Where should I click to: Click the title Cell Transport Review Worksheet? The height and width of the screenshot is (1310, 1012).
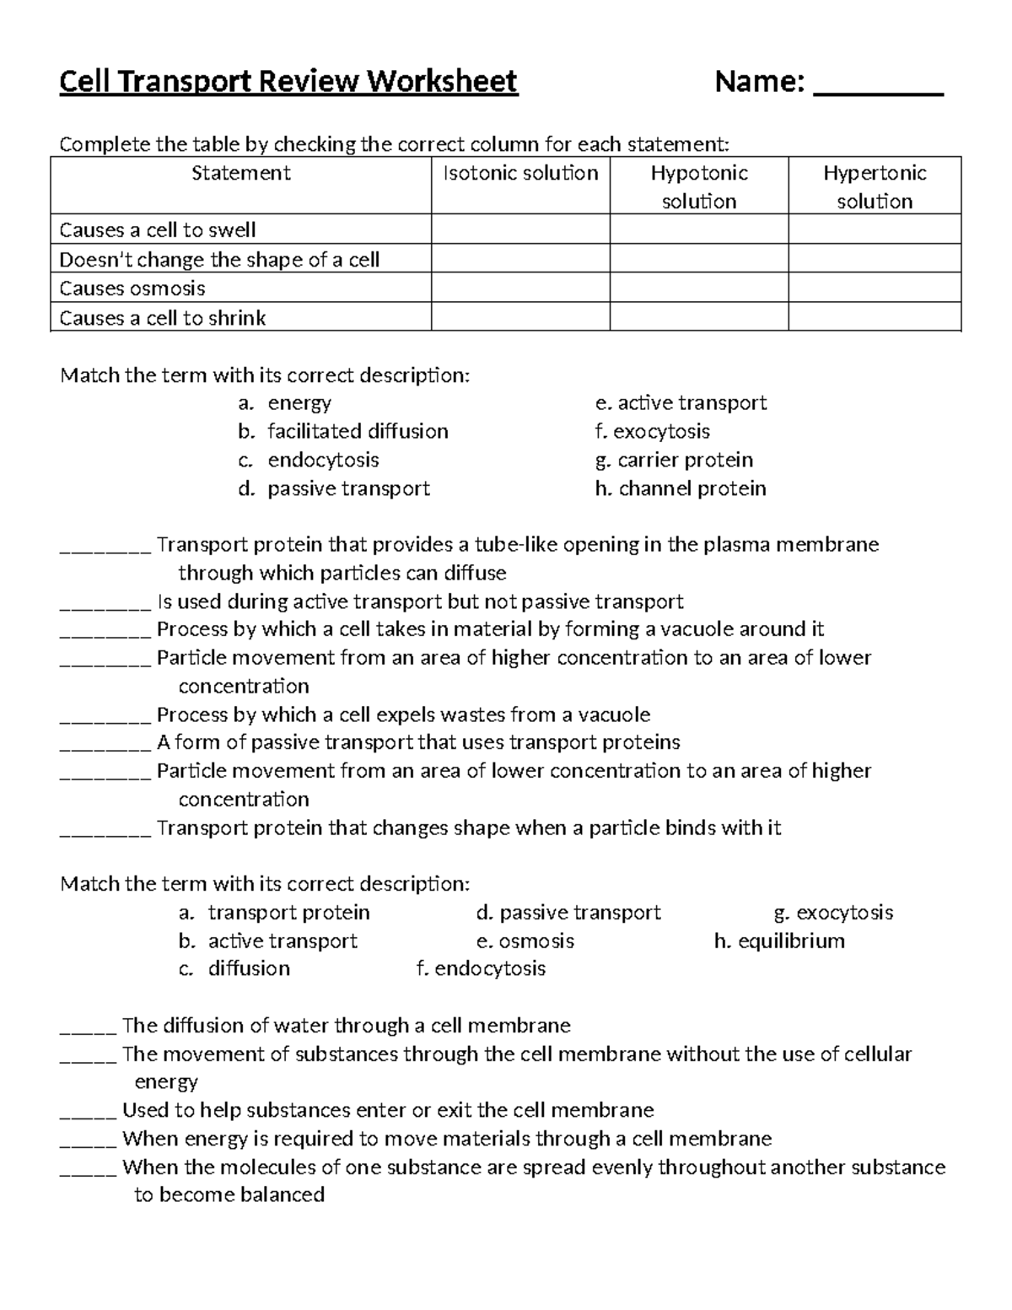tap(288, 82)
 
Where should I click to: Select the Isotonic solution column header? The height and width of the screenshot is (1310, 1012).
tap(520, 173)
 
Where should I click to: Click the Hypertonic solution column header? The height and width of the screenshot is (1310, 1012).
tap(875, 186)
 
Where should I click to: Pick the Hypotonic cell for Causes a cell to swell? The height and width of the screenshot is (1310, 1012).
tap(698, 229)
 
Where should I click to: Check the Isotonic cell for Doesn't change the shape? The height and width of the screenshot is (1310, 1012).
tap(520, 259)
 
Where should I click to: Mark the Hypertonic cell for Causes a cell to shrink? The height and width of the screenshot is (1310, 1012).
tap(875, 317)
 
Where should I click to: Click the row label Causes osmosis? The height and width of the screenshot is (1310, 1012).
tap(132, 288)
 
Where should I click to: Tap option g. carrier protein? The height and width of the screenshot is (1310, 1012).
tap(674, 461)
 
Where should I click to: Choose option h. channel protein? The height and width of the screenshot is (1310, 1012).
tap(681, 489)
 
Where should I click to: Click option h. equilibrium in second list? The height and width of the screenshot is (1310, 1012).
tap(779, 941)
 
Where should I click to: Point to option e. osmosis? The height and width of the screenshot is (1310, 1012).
tap(525, 941)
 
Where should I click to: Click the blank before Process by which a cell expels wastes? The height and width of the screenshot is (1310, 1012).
tap(105, 717)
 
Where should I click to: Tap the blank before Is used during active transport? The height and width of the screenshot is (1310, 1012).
tap(105, 604)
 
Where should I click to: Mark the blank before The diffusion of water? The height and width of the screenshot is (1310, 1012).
tap(88, 1028)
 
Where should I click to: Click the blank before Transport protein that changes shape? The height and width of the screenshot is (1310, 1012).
tap(105, 830)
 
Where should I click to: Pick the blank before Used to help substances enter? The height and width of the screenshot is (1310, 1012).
tap(88, 1113)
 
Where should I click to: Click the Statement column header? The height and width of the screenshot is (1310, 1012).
tap(240, 173)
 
